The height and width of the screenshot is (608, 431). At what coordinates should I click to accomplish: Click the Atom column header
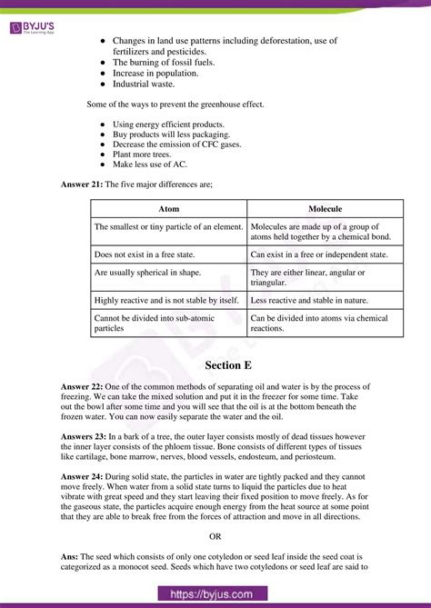pyautogui.click(x=168, y=208)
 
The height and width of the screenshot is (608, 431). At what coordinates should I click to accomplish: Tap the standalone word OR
pyautogui.click(x=215, y=536)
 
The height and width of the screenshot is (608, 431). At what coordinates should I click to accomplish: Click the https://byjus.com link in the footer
pyautogui.click(x=215, y=594)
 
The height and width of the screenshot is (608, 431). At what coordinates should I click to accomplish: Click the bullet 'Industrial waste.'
pyautogui.click(x=150, y=84)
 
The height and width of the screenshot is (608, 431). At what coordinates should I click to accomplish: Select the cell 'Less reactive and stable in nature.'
pyautogui.click(x=308, y=300)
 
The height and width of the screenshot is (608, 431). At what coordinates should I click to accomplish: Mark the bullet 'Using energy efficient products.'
pyautogui.click(x=169, y=123)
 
